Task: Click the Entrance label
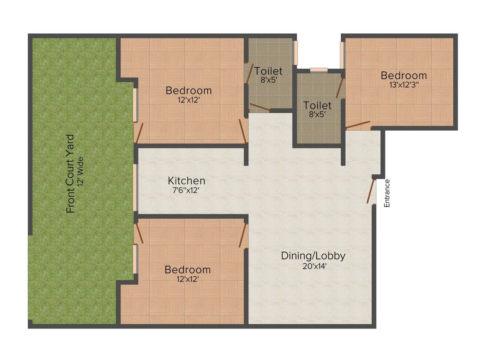[387, 193]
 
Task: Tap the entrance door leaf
[371, 191]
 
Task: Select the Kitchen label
[187, 180]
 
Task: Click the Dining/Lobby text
[313, 256]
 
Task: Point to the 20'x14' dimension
[313, 266]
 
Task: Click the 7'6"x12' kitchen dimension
[187, 190]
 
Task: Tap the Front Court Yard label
[71, 174]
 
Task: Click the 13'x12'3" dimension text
[404, 85]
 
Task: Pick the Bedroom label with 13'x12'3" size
[404, 75]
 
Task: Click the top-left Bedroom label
[189, 90]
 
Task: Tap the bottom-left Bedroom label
[187, 270]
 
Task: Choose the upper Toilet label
[268, 71]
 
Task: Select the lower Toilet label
[317, 105]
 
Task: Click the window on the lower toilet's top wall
[319, 70]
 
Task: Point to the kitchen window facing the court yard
[135, 188]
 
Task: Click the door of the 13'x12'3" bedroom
[358, 125]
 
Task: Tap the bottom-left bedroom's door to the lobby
[243, 235]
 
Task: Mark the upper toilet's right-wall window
[296, 53]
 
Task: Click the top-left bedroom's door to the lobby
[243, 131]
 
